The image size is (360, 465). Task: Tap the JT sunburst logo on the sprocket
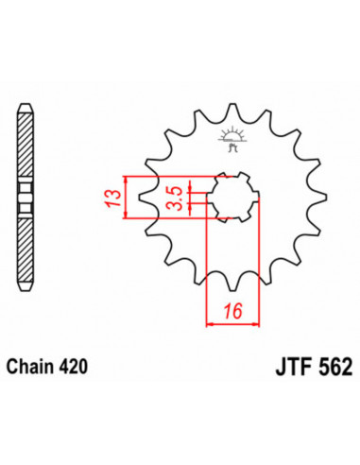(230, 140)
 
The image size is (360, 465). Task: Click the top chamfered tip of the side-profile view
(26, 101)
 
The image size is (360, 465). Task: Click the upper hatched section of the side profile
(26, 142)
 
